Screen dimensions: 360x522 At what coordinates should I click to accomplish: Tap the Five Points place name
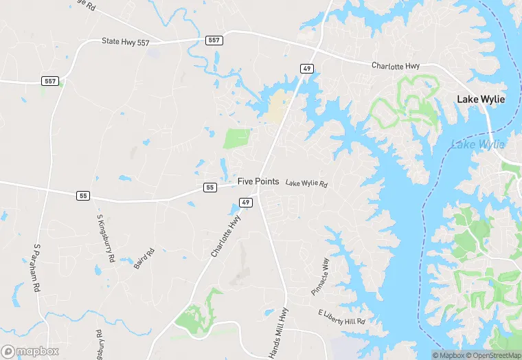(258, 181)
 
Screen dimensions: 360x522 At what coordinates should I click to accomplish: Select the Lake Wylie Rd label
(306, 183)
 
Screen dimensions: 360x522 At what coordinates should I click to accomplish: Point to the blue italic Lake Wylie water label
(477, 144)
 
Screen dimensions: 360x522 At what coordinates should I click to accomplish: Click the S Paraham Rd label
(37, 267)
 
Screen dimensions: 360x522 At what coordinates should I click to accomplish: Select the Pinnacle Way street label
(320, 275)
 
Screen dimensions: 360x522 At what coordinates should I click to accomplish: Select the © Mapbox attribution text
(449, 355)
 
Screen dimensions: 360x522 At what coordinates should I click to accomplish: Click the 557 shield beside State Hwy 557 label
(214, 41)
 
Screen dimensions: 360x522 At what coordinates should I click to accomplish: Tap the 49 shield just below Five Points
(246, 202)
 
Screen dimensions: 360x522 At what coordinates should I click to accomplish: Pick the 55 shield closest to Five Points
(210, 187)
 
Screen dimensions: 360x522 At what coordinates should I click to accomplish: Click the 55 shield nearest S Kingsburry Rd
(83, 196)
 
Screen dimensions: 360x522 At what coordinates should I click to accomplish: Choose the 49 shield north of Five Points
(306, 67)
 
